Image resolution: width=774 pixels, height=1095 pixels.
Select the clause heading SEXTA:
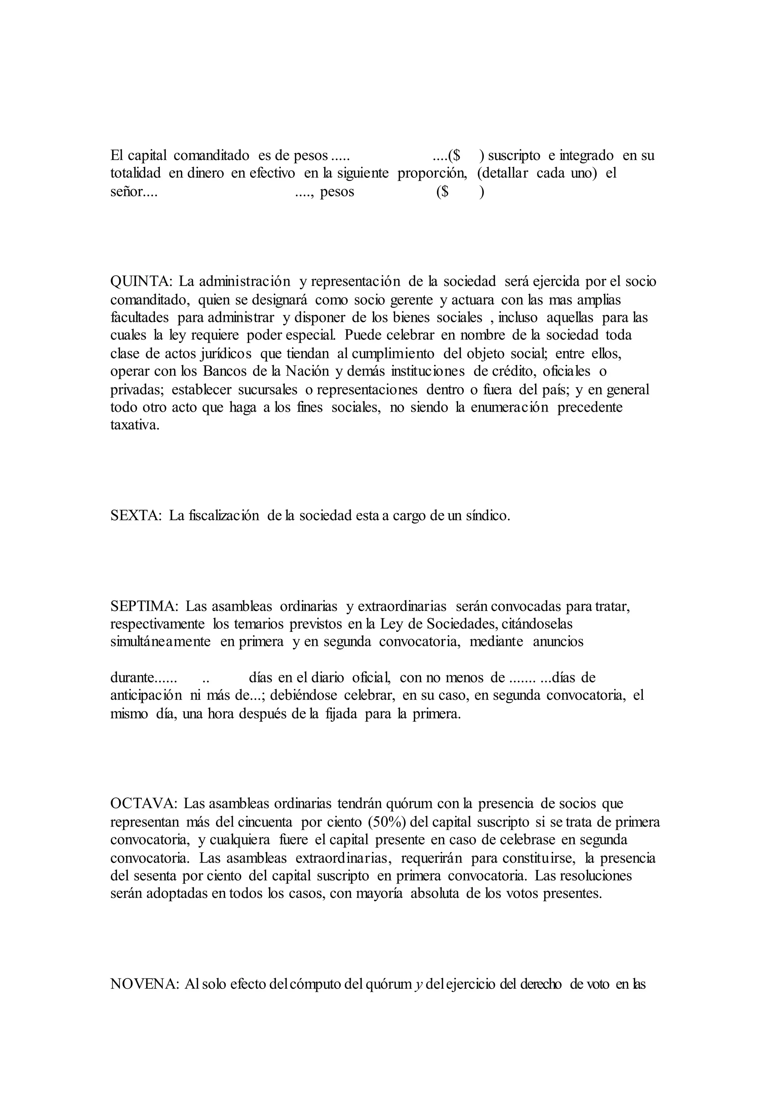point(136,515)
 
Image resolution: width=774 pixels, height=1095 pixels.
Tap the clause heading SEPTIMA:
point(144,606)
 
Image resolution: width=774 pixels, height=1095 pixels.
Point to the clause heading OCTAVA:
point(144,803)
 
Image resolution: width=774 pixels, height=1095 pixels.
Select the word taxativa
point(135,425)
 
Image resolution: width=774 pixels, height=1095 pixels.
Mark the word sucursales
point(267,389)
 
